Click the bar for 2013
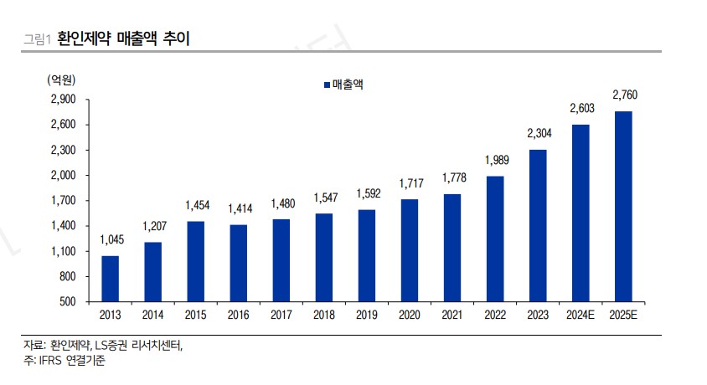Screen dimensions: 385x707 point(110,278)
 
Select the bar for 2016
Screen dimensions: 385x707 point(238,263)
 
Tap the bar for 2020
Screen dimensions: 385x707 point(410,249)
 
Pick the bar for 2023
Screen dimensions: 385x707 point(538,225)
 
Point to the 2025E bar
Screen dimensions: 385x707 point(623,206)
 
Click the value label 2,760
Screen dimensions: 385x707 point(624,95)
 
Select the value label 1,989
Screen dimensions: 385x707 point(495,160)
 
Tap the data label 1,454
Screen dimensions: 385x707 point(195,205)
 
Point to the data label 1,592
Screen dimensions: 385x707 point(367,193)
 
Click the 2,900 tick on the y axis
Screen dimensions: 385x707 point(64,100)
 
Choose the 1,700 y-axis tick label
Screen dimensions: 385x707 point(64,201)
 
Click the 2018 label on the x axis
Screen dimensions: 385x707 point(323,315)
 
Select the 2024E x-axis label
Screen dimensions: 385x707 point(581,315)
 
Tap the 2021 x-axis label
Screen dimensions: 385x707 point(452,315)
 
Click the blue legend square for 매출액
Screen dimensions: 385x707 point(326,84)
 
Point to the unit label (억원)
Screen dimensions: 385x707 point(62,80)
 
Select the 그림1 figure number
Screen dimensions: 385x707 point(38,39)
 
